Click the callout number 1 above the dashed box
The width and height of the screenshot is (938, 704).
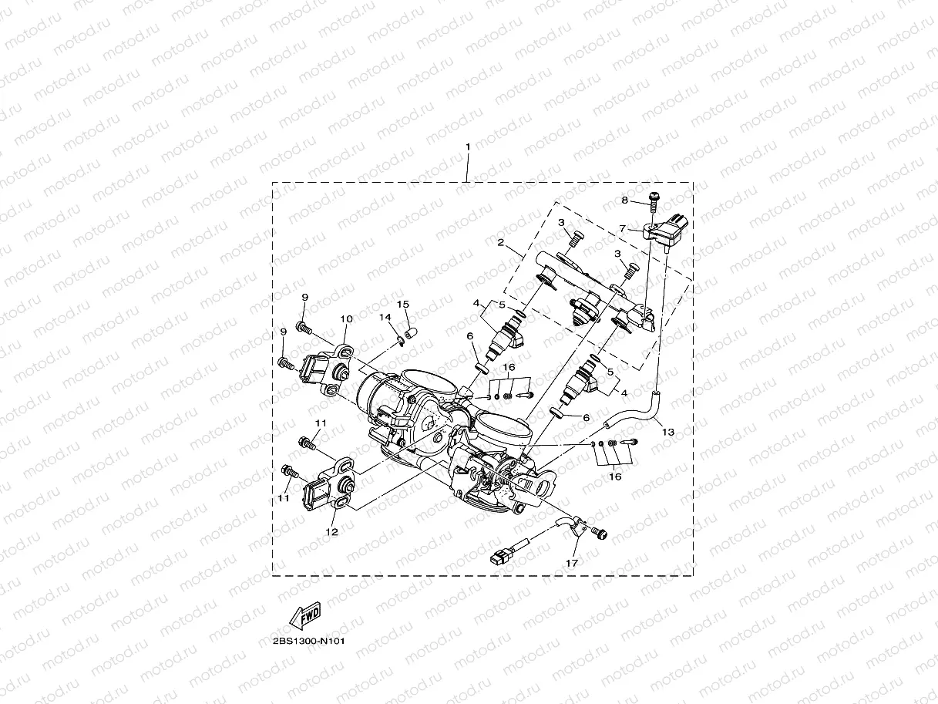(468, 147)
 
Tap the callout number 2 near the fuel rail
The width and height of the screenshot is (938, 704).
(500, 242)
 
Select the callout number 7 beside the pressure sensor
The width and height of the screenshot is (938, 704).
(623, 229)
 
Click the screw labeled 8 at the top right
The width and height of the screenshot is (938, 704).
(654, 202)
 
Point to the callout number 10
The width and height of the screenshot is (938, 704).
(347, 319)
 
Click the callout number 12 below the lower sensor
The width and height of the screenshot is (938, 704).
(331, 532)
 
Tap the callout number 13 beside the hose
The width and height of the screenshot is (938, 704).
(668, 432)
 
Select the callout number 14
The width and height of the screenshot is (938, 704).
(385, 317)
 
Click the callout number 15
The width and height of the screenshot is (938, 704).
(403, 305)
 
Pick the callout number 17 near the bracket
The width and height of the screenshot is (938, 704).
(572, 564)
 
